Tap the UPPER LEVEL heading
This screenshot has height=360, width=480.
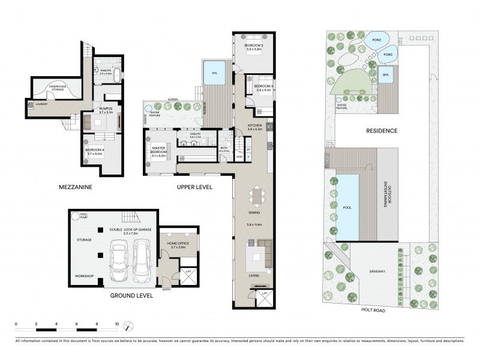194,187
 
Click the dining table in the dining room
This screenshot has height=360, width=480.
259,196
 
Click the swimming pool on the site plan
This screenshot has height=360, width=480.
346,205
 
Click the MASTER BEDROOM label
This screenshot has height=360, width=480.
159,150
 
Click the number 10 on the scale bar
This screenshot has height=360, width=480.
116,323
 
